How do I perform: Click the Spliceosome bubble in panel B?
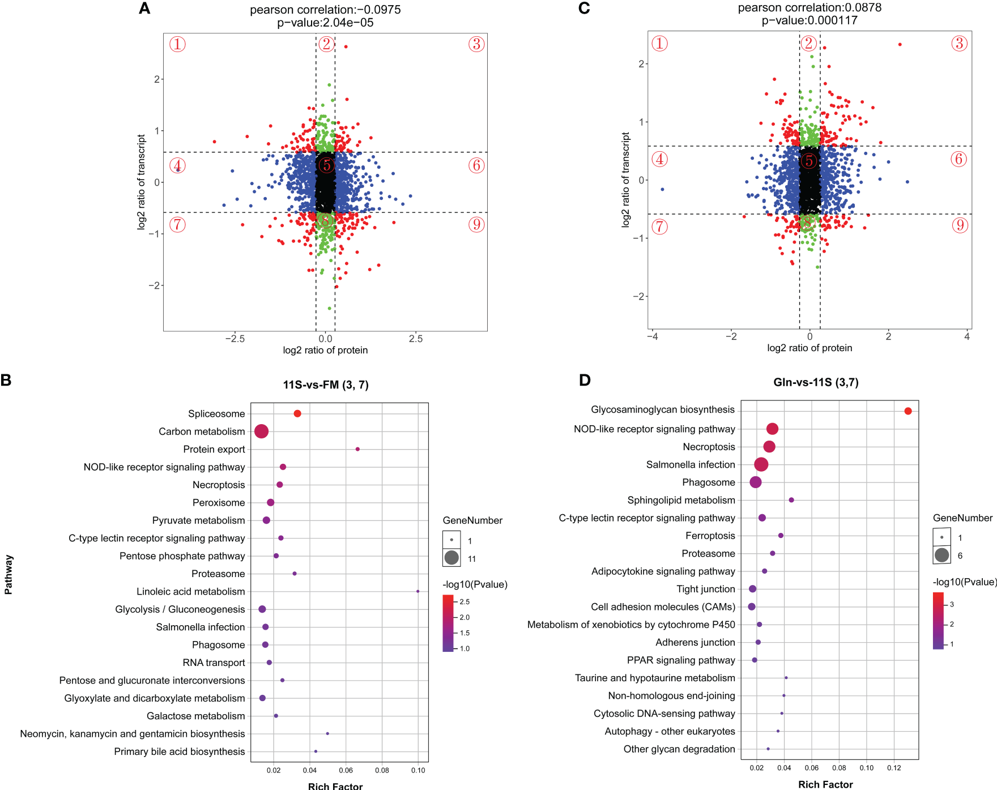pos(297,413)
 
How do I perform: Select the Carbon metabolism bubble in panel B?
pos(261,432)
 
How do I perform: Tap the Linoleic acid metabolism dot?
pos(418,591)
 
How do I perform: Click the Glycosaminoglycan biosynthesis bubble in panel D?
pos(908,411)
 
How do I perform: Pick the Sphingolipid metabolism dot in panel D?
pos(791,500)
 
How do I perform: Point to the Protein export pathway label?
pos(214,449)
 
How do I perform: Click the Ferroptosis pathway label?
pos(710,536)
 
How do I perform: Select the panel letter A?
pos(144,8)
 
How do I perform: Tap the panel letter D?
pos(585,380)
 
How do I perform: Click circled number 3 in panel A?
pos(476,44)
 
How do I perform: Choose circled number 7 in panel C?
pos(659,227)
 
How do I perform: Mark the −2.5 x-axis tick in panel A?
pos(235,339)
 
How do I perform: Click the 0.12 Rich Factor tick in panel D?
pos(894,768)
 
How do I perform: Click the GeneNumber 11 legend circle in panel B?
pos(451,558)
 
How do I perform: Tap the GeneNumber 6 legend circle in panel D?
pos(941,555)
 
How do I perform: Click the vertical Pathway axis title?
pos(8,575)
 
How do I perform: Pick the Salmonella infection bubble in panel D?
pos(761,464)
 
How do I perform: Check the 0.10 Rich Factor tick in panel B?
pos(418,770)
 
